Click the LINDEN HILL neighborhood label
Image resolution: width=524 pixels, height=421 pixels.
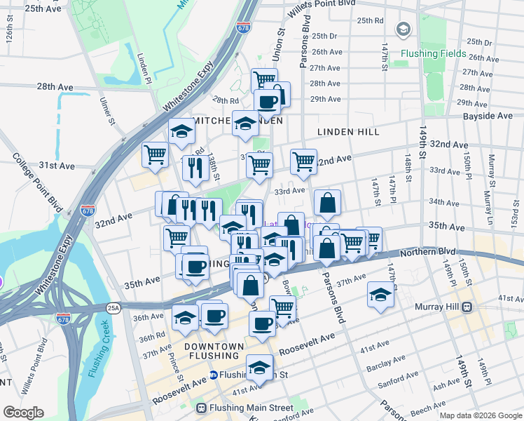348,132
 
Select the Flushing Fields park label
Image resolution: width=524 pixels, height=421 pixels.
433,53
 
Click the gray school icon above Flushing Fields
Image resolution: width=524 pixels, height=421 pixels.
403,29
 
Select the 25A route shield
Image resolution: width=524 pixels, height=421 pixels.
113,307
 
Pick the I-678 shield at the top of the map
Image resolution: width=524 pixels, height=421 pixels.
243,28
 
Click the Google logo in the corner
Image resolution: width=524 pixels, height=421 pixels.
23,413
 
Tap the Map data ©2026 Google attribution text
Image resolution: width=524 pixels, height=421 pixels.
480,415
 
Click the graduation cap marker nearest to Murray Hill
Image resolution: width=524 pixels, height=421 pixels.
380,293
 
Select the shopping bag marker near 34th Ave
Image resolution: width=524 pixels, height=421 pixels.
327,203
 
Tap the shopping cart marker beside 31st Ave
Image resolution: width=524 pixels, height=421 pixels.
155,154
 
